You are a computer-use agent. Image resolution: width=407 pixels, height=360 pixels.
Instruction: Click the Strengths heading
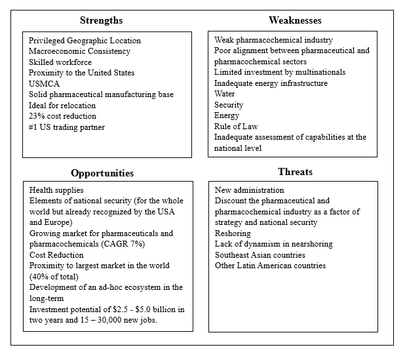(101, 20)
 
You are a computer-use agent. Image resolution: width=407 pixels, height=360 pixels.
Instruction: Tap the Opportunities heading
(102, 173)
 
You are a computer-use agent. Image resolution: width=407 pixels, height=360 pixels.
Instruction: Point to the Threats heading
(295, 172)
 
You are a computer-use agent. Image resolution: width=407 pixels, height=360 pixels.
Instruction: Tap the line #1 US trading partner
(66, 127)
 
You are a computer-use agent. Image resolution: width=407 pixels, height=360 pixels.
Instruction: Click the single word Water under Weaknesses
(225, 94)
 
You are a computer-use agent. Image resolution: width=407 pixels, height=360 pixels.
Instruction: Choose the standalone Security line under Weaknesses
(229, 105)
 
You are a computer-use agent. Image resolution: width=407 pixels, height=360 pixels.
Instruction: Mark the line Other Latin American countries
(270, 265)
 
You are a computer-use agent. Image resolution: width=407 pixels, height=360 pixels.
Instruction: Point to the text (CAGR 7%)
(120, 244)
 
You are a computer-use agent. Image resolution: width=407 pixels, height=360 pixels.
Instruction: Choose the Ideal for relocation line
(62, 105)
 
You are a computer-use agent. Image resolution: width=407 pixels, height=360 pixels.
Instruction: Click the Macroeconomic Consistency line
(79, 51)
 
